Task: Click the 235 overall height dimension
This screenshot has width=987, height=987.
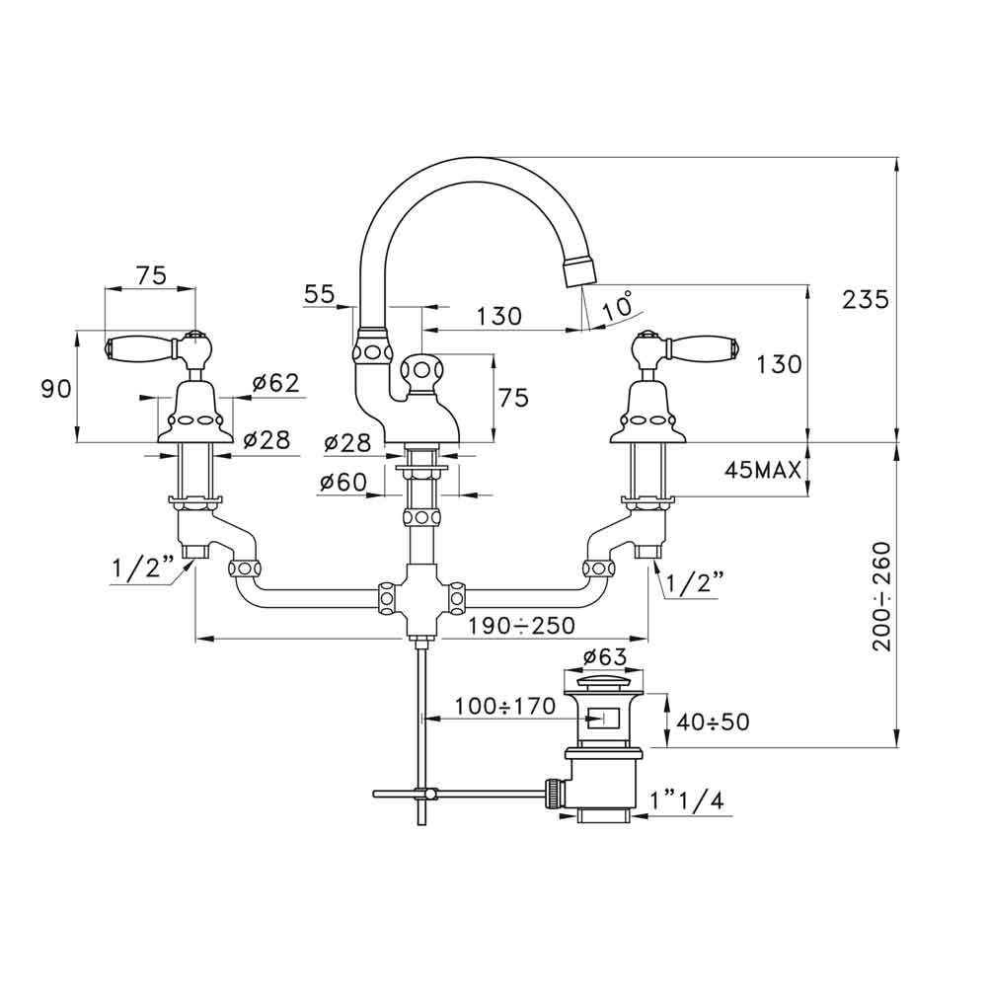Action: click(867, 298)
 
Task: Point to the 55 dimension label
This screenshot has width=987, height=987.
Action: click(319, 293)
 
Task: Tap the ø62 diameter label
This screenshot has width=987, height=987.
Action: click(275, 384)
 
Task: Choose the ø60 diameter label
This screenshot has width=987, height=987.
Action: click(343, 482)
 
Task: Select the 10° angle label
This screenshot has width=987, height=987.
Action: click(618, 306)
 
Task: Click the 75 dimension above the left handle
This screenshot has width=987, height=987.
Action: click(150, 276)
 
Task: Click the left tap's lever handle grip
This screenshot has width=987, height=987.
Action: click(136, 347)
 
